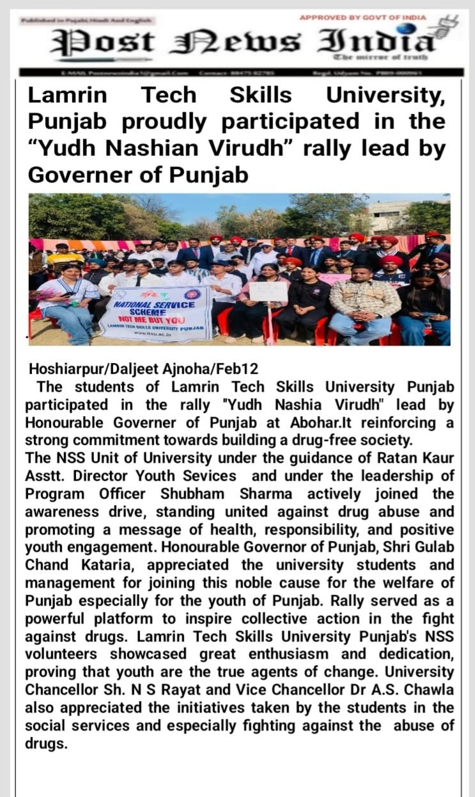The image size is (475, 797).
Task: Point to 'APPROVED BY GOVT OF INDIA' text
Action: point(362,17)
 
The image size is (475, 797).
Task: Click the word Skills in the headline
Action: point(260,95)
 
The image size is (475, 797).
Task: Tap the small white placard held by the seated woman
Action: point(268,291)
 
